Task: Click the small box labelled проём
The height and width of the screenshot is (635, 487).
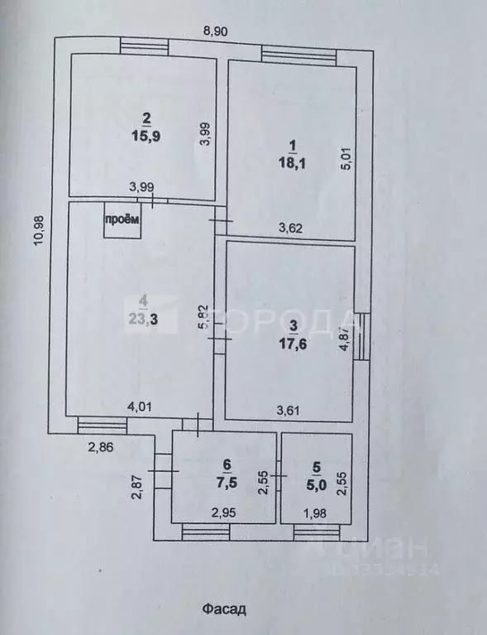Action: (122, 220)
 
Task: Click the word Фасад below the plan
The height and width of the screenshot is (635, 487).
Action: (225, 609)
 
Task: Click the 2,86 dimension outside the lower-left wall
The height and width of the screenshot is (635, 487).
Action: (101, 447)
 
